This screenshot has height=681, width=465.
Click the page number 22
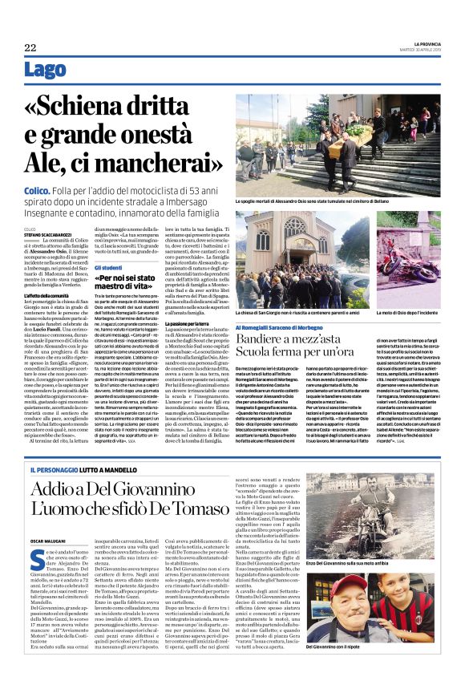[x=30, y=48]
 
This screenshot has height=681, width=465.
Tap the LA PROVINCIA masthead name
[x=418, y=43]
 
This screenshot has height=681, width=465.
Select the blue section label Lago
[x=45, y=71]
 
